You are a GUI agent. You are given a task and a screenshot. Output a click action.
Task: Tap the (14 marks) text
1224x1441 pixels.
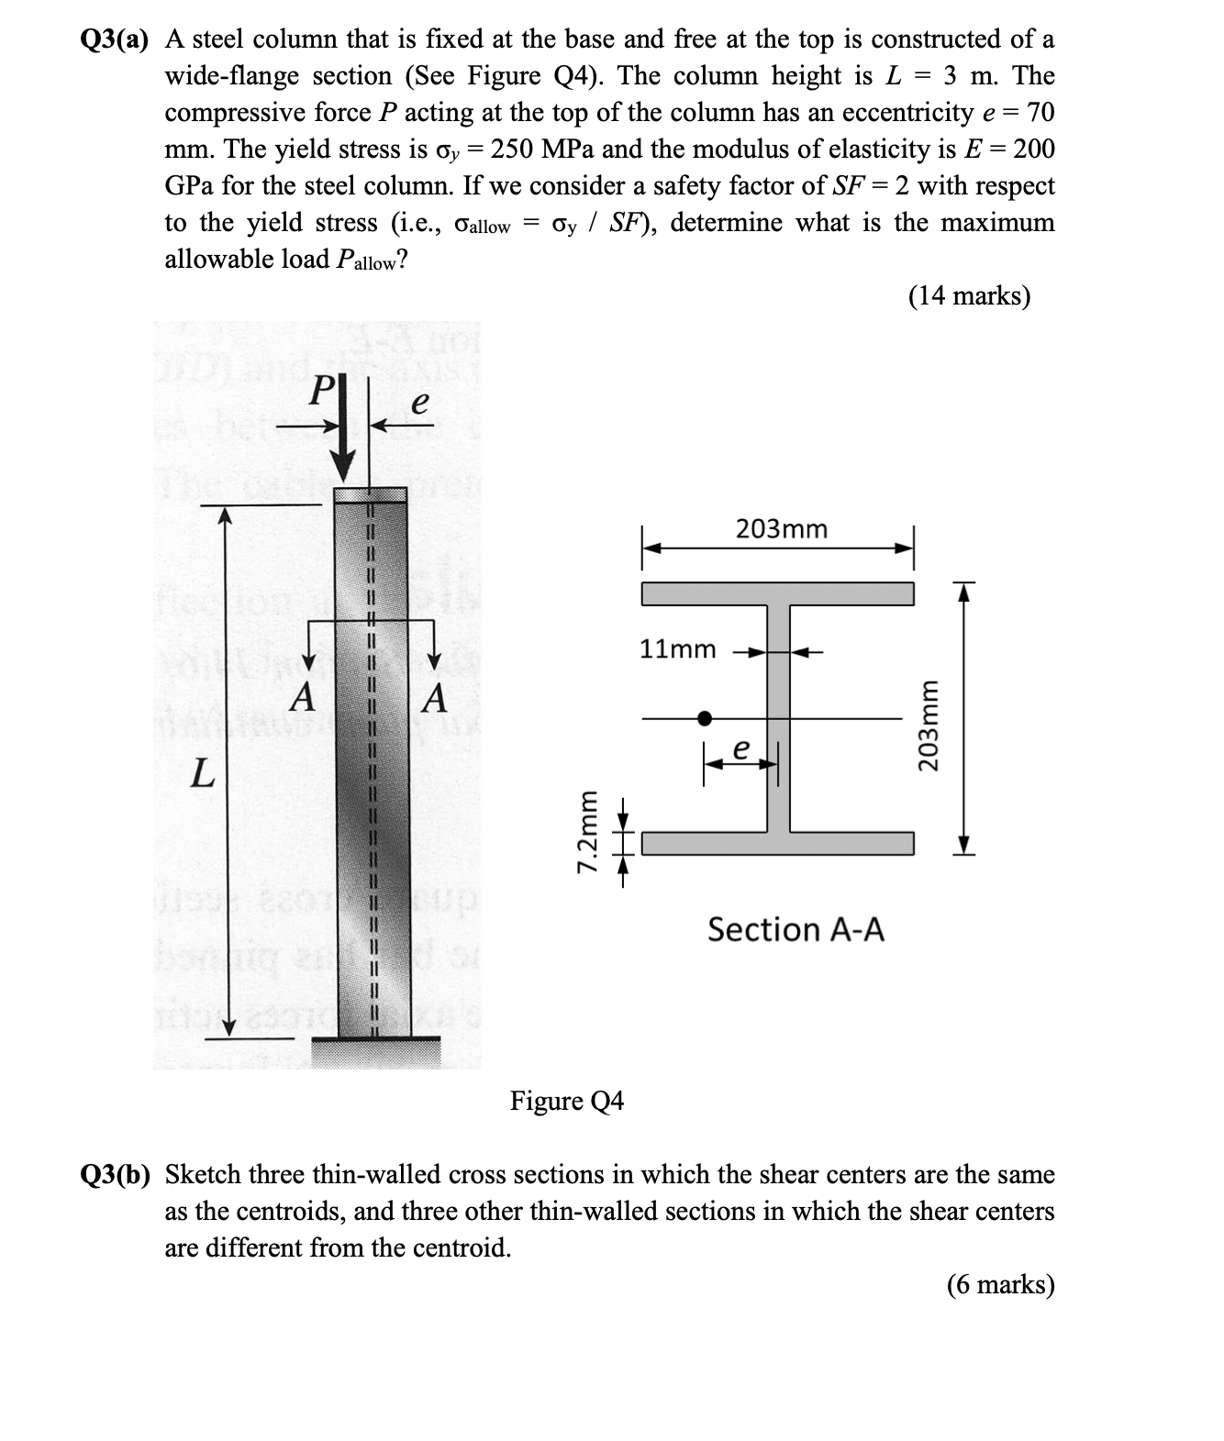969,296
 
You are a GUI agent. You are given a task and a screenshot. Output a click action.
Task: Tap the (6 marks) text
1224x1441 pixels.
1000,1285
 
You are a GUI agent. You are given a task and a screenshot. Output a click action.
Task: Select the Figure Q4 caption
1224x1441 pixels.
566,1101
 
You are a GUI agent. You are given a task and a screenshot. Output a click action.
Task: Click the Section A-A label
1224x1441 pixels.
796,930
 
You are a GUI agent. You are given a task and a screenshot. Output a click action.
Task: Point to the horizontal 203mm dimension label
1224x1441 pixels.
781,529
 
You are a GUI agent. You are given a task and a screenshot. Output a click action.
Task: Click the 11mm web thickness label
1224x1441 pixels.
677,649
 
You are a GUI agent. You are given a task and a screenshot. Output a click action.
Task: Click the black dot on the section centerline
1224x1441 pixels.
704,718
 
